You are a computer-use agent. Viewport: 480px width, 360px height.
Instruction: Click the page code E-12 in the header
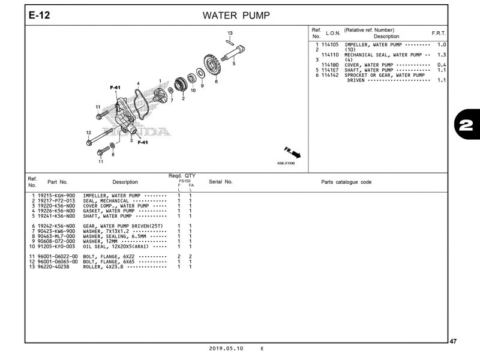[x=40, y=15]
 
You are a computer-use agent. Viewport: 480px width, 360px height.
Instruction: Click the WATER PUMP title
[x=236, y=15]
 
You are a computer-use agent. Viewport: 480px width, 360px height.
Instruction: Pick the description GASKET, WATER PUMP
[x=109, y=211]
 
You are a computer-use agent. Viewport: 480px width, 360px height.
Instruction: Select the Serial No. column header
[x=220, y=182]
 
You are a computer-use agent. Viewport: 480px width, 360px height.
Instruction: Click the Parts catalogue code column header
[x=346, y=182]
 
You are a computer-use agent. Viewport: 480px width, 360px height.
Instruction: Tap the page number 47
[x=453, y=341]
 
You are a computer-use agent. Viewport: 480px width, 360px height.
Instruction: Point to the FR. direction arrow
[x=293, y=152]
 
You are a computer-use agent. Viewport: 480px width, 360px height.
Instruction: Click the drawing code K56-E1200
[x=286, y=163]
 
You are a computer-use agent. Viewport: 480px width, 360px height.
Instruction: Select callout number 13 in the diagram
[x=230, y=32]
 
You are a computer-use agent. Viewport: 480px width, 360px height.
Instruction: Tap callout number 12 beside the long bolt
[x=88, y=133]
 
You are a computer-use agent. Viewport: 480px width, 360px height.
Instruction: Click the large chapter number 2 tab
[x=464, y=125]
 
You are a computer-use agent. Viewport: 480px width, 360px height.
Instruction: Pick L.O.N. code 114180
[x=330, y=65]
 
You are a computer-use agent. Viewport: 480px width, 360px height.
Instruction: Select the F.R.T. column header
[x=439, y=32]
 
